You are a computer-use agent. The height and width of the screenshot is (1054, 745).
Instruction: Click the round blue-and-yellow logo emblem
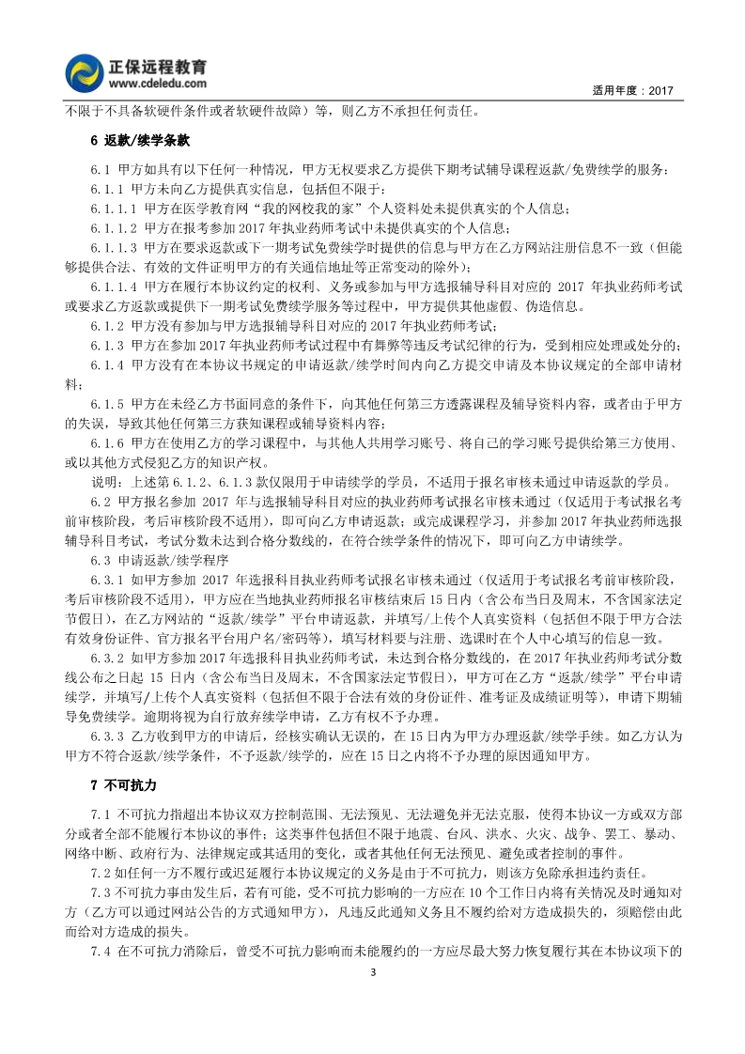(87, 72)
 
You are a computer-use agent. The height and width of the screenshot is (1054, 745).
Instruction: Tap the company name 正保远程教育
(162, 66)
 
